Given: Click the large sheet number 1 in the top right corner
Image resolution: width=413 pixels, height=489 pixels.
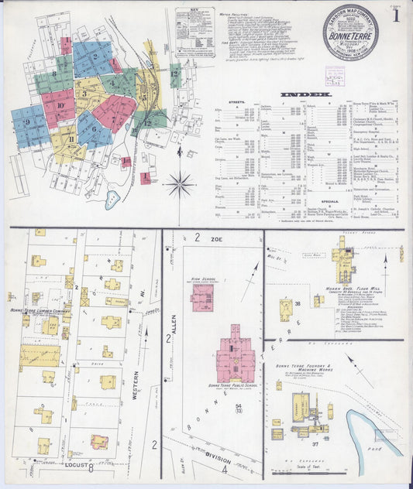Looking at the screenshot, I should tap(397, 15).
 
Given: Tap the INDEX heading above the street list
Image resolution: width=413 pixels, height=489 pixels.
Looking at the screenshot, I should tap(305, 94).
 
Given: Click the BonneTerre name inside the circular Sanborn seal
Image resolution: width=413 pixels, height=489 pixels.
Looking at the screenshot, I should tap(351, 35).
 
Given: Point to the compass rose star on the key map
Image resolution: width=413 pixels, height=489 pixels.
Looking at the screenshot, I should tap(181, 184).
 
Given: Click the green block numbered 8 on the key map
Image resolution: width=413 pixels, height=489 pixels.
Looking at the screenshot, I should tap(53, 77).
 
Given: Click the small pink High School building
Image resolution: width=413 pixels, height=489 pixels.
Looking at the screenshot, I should tap(202, 296).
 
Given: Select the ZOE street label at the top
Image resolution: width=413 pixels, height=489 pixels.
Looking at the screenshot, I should tap(216, 241).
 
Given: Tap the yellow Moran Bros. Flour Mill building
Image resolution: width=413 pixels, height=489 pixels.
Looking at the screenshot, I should tap(342, 264).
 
